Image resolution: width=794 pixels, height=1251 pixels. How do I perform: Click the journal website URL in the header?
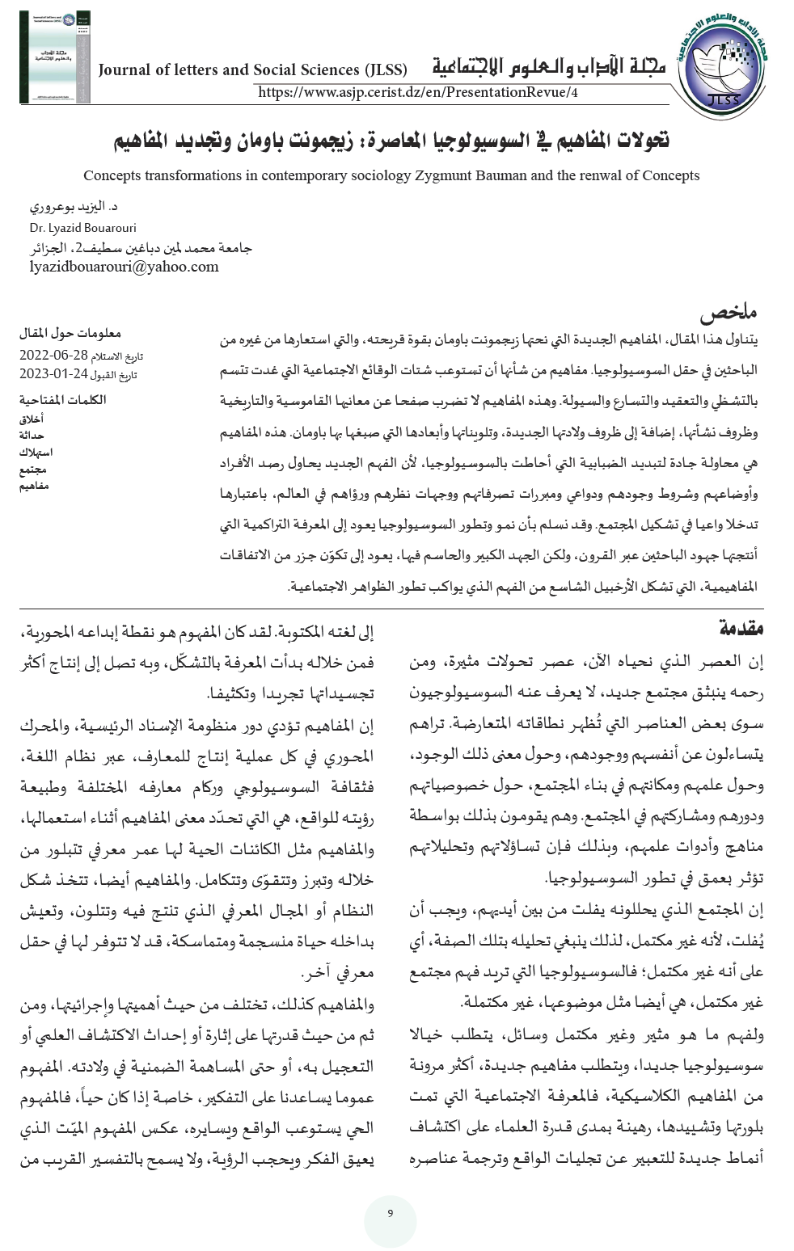point(418,92)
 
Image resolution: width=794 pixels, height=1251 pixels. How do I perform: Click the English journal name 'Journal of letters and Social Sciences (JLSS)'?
point(252,70)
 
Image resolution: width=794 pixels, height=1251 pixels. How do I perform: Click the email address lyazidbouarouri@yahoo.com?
point(124,267)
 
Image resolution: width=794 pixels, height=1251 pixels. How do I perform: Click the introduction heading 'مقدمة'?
point(740,628)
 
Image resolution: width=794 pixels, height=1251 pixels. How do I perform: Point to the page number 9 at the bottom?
point(391,1214)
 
